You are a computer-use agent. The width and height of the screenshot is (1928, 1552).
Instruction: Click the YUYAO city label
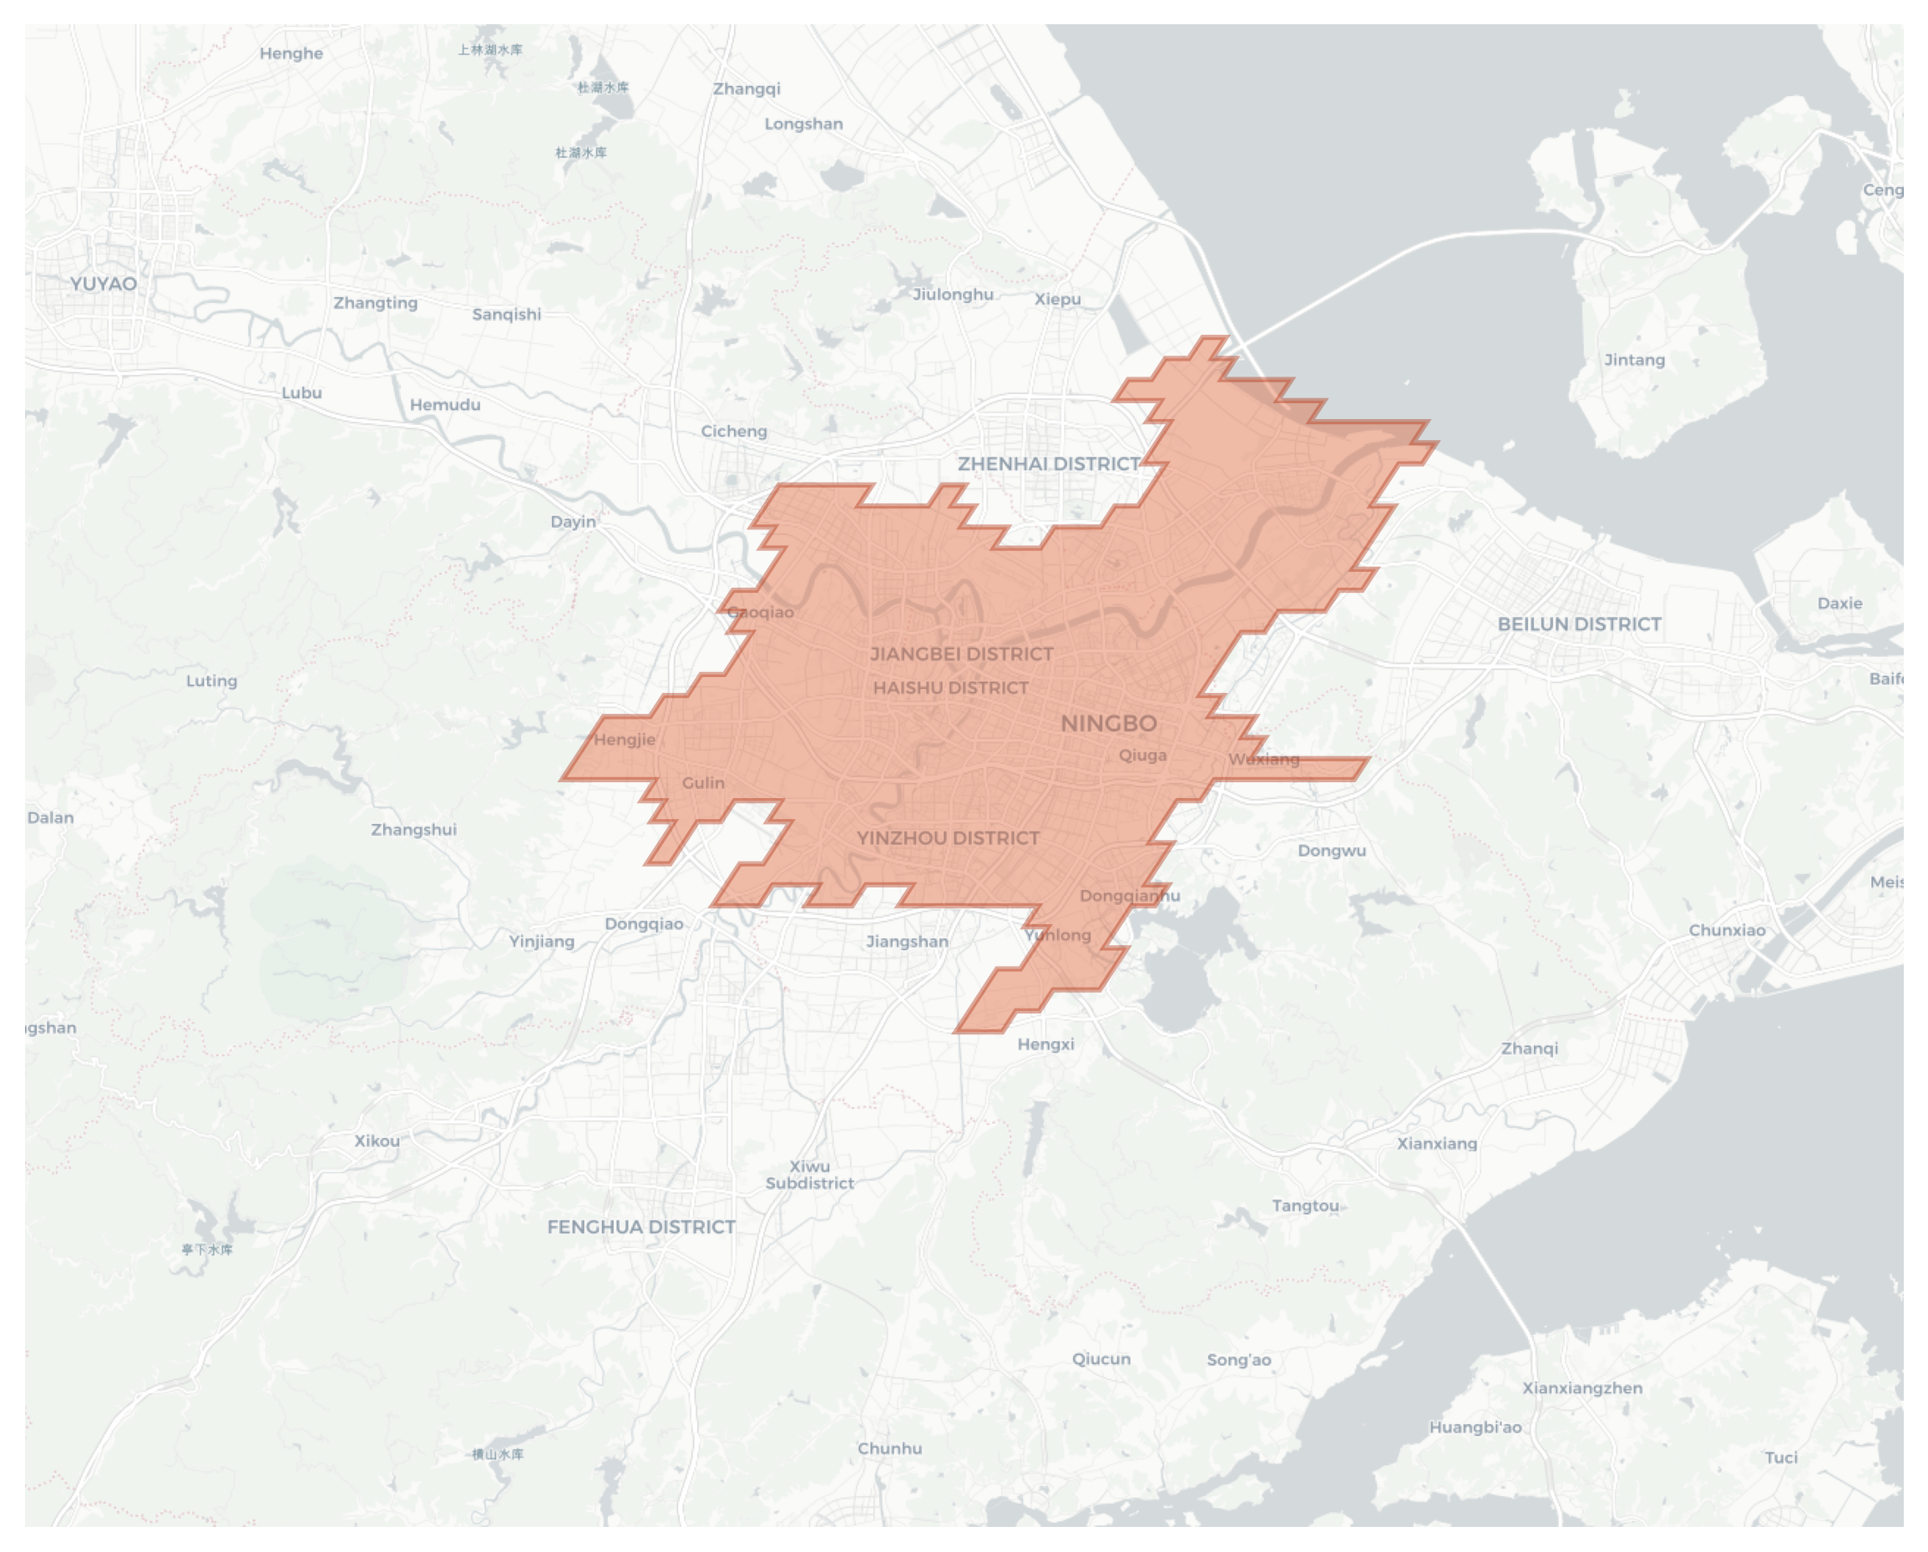point(104,285)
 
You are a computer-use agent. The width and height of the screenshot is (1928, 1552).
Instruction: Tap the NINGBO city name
point(1109,724)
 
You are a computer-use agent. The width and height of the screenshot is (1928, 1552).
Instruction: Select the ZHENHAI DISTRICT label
point(1049,464)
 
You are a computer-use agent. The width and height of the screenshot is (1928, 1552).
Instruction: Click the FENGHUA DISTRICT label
point(641,1227)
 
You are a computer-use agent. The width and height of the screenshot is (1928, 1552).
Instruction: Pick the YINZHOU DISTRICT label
point(948,838)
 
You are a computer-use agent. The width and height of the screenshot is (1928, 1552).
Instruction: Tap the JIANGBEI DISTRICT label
point(961,655)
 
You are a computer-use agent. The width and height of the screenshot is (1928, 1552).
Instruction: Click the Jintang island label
point(1634,361)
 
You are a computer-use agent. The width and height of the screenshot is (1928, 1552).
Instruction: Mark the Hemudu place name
point(445,405)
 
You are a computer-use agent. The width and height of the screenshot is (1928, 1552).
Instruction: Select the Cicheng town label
point(733,432)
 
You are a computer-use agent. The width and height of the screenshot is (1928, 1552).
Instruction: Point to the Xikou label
point(377,1141)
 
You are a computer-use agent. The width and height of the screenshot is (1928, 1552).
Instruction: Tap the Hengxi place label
point(1045,1044)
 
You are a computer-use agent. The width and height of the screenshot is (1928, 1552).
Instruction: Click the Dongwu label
point(1332,851)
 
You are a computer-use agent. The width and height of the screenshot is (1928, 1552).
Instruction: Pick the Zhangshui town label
point(414,830)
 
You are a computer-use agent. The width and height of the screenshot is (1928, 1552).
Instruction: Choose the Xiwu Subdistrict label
point(809,1175)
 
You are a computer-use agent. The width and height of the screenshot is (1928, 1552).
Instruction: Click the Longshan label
point(803,124)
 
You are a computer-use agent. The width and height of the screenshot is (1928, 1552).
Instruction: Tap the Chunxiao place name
point(1727,931)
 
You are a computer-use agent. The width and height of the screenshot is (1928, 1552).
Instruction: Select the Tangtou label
point(1306,1206)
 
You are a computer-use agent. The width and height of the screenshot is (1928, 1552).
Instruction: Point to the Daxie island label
point(1839,604)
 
